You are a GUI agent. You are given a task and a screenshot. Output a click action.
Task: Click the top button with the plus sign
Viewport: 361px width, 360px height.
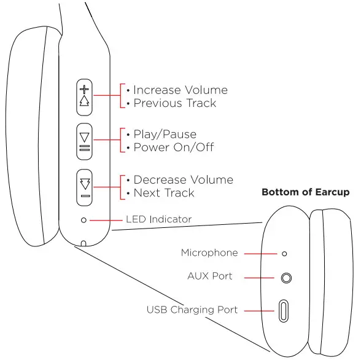[85, 96]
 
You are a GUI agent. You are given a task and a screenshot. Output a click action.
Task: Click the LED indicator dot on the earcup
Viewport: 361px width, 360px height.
[84, 220]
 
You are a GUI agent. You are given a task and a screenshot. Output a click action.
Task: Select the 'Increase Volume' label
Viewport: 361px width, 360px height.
[180, 90]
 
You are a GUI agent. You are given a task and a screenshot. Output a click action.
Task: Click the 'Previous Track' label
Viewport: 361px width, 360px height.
[174, 103]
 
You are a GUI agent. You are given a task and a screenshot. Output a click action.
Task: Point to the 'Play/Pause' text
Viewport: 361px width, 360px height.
[165, 135]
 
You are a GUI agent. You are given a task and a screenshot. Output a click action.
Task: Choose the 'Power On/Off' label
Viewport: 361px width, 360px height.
[173, 147]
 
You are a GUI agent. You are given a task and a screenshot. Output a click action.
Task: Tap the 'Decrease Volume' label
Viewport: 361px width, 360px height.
[183, 180]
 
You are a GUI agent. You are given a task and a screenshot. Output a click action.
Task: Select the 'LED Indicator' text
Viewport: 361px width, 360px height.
[158, 219]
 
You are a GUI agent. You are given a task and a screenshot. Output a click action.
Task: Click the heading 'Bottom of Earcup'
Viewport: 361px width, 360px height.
[305, 192]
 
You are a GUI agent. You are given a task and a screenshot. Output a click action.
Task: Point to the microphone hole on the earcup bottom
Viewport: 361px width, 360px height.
[284, 253]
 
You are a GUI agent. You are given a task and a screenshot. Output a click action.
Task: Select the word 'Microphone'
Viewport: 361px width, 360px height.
[209, 253]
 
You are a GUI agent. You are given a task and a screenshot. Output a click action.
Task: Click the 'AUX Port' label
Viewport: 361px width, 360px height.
[210, 276]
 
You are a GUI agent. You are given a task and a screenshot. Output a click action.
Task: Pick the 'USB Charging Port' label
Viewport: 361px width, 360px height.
[192, 310]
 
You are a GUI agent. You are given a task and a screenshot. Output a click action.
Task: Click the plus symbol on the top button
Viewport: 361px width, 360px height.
[85, 88]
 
